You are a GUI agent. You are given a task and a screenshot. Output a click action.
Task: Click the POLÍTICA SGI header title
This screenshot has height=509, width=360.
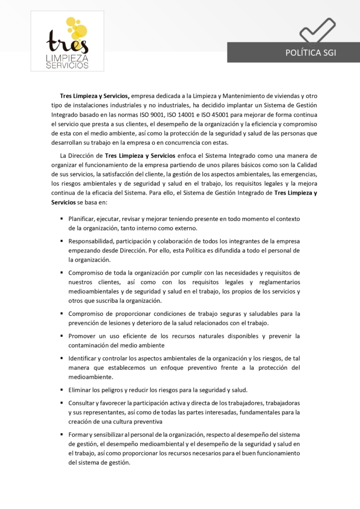310,53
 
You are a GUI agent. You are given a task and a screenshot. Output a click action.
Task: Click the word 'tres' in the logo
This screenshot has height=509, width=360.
67,43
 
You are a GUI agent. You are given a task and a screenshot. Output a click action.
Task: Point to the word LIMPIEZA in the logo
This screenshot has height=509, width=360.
67,58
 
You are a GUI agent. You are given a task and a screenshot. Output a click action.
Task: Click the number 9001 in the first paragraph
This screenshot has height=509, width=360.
188,115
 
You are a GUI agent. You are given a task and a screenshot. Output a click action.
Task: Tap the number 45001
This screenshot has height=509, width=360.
258,115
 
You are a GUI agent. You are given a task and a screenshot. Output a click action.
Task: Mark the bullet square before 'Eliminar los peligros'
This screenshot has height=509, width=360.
62,390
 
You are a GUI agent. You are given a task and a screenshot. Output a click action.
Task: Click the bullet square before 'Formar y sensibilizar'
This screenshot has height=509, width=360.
62,434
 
